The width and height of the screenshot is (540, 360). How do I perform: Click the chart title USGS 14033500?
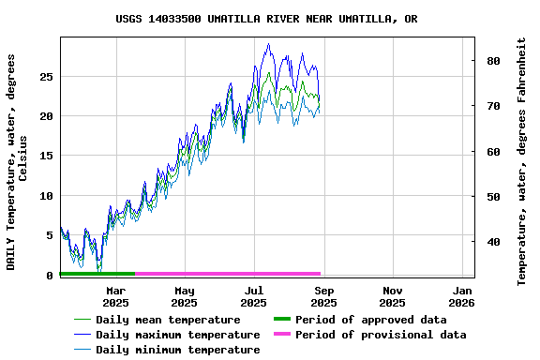[x=267, y=19]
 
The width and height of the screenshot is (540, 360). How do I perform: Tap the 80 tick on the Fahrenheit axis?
[x=493, y=61]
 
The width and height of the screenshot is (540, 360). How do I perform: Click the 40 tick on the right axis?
[x=493, y=242]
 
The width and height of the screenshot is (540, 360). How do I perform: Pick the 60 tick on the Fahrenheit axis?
[x=493, y=152]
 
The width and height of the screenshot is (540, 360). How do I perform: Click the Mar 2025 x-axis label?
[x=115, y=297]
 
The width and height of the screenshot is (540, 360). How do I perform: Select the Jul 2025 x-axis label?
[x=254, y=297]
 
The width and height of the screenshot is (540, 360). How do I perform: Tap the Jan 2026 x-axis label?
[x=461, y=297]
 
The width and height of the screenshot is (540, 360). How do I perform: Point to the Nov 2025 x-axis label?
[x=392, y=297]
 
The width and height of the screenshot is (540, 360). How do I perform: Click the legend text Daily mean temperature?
[x=168, y=320]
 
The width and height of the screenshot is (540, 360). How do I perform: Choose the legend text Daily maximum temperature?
[x=177, y=335]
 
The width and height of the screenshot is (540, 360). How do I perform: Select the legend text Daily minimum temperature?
[x=177, y=350]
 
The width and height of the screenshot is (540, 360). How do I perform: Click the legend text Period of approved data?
[x=370, y=320]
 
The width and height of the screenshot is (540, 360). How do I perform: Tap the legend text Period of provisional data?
[x=380, y=335]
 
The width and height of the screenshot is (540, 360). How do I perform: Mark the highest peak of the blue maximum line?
[x=269, y=44]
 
